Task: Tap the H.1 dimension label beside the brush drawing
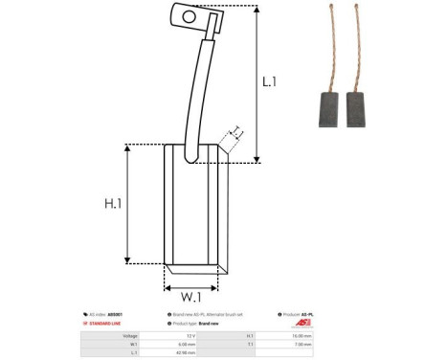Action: (x=113, y=202)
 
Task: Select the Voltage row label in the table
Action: (x=130, y=335)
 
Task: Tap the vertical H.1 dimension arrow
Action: (x=129, y=202)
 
